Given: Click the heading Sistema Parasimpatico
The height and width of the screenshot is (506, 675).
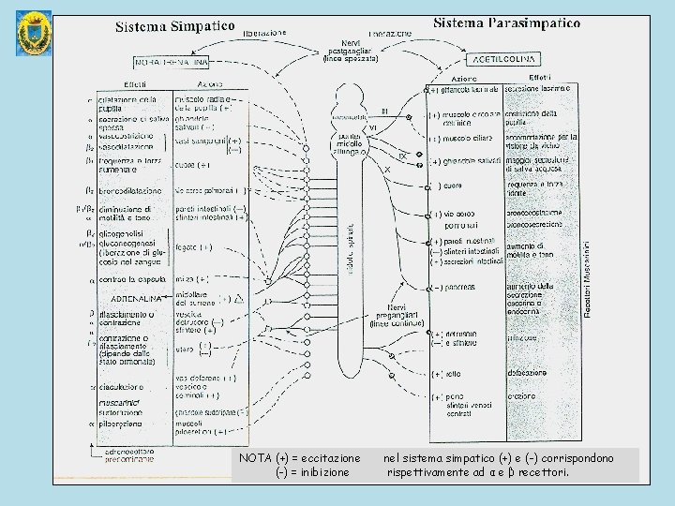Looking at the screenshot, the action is [506, 22].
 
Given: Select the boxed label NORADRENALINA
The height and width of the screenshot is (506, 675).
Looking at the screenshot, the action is [171, 62].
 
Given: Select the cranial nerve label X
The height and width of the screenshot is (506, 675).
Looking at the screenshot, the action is [387, 170].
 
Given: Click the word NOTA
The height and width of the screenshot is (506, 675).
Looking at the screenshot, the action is [254, 458].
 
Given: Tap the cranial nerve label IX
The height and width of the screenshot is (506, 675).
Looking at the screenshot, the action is [402, 156].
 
